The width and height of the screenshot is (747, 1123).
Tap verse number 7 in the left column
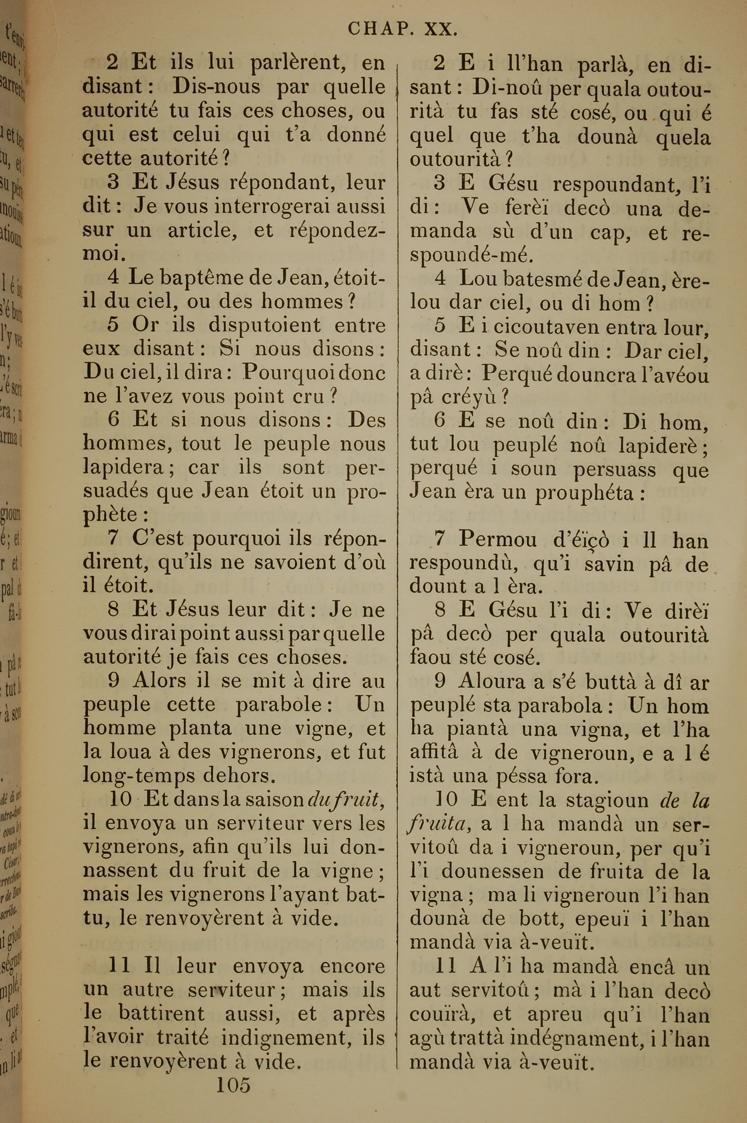click(113, 538)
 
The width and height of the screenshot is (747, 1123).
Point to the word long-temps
click(139, 776)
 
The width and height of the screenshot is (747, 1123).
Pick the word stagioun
click(607, 800)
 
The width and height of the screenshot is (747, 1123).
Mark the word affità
click(434, 753)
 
